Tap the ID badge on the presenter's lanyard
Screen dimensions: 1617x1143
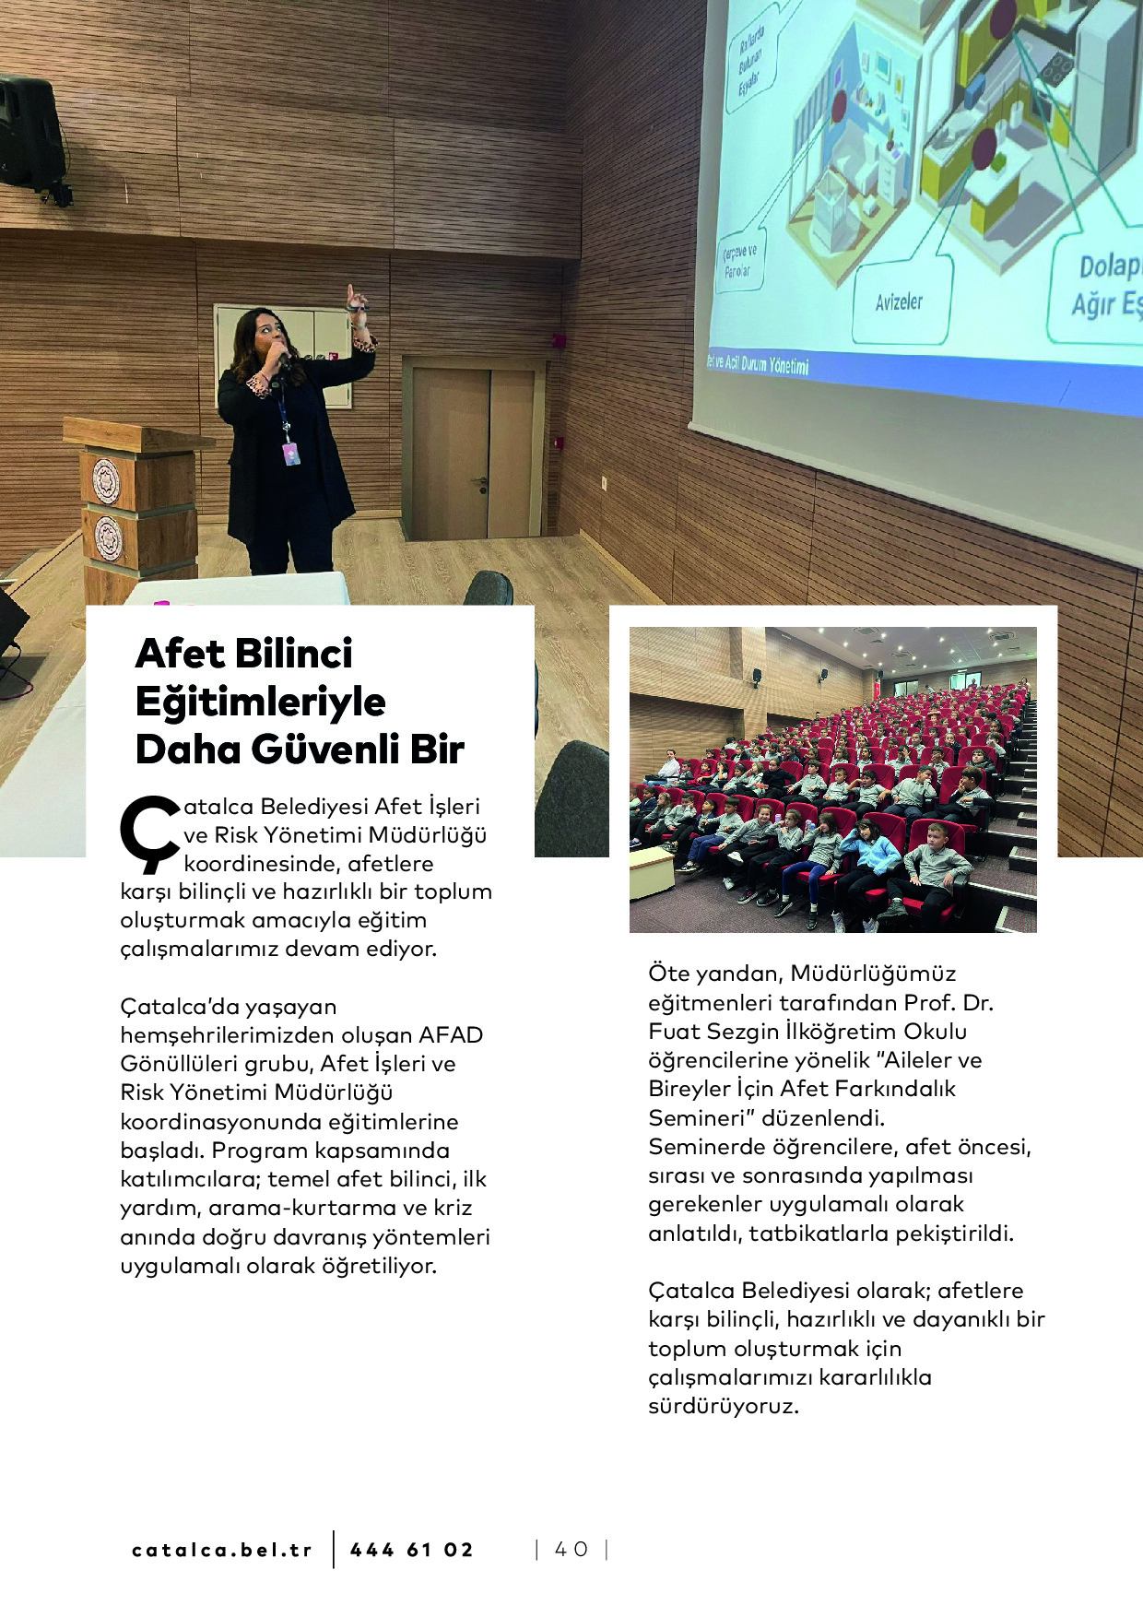click(x=290, y=453)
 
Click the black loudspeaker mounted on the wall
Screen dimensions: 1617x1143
click(x=30, y=134)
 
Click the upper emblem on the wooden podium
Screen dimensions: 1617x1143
click(x=107, y=480)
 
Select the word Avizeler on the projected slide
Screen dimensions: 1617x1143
click(x=899, y=301)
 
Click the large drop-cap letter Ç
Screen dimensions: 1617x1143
click(x=148, y=833)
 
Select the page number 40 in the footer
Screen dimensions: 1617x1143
click(x=571, y=1550)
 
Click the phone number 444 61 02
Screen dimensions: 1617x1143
click(x=411, y=1550)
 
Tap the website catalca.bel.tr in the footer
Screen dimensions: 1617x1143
click(x=222, y=1550)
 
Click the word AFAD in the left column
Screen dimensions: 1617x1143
click(x=451, y=1035)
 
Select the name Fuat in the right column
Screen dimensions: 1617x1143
click(x=676, y=1032)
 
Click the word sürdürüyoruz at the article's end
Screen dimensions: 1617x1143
click(x=723, y=1406)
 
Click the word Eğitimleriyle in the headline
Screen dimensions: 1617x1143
click(x=261, y=702)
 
